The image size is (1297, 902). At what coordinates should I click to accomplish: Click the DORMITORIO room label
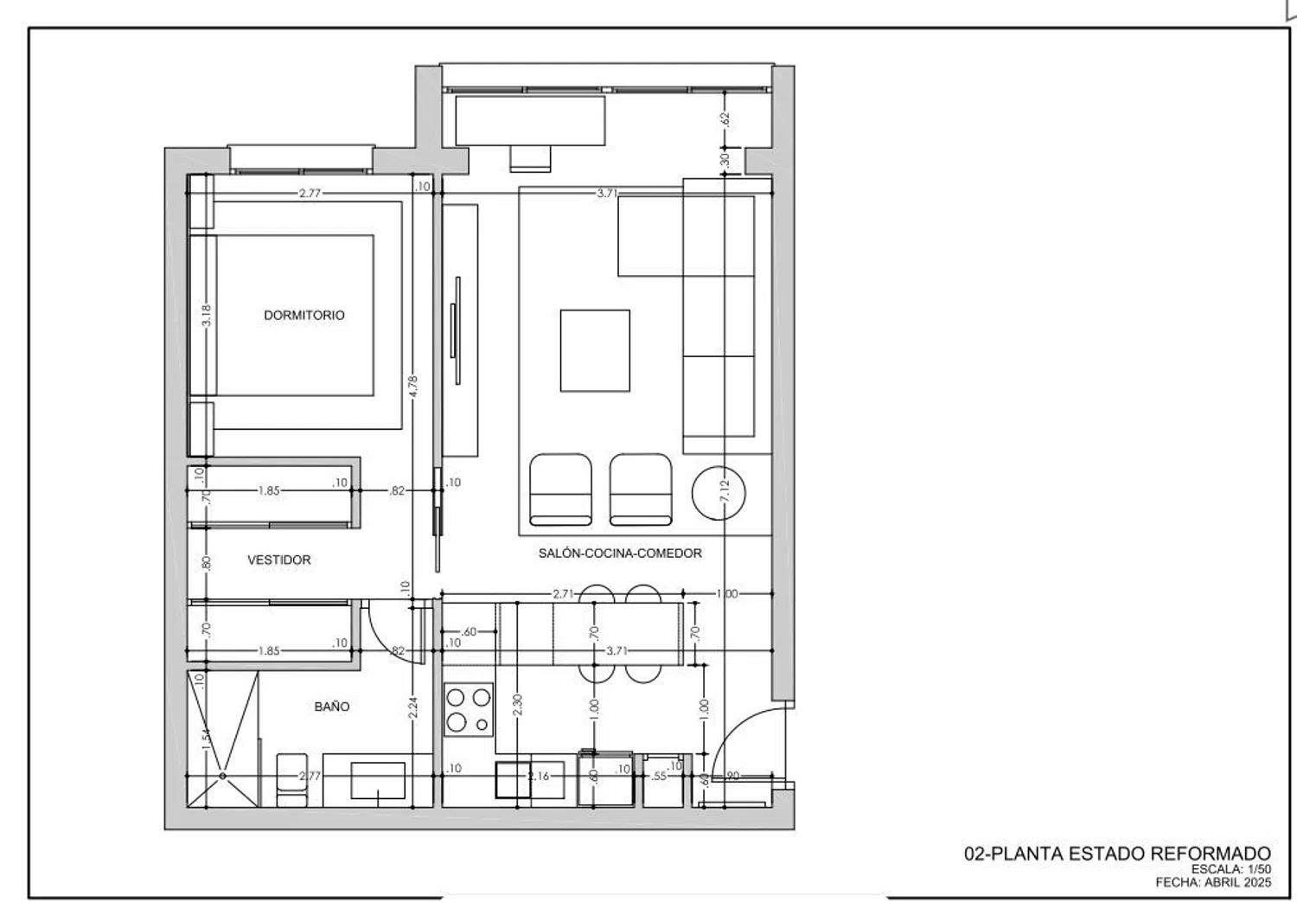tap(304, 315)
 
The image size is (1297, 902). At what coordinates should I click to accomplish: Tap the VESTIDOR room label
tap(279, 560)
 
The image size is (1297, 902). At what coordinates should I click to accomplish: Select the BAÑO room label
tap(332, 707)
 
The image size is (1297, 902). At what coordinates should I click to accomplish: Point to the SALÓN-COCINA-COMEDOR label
tap(620, 553)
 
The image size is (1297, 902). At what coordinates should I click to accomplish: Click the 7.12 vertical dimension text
tap(725, 491)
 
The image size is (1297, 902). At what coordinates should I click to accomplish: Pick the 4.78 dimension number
tap(412, 387)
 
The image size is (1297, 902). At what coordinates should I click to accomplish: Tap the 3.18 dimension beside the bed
tap(207, 316)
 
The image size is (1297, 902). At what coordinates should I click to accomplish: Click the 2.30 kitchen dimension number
tap(518, 705)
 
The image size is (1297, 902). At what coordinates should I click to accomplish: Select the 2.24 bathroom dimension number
tap(412, 707)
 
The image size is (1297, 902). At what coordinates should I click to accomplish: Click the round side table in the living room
tap(719, 493)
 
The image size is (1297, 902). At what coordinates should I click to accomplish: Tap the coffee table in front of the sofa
tap(595, 351)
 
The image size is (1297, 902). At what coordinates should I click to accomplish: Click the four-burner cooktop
tap(469, 710)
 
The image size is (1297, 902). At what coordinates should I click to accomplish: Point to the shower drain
tap(223, 776)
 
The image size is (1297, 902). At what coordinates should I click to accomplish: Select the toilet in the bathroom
tap(292, 780)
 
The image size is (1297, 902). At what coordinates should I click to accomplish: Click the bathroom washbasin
tap(378, 780)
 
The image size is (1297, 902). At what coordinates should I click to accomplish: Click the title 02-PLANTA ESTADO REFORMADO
tap(1117, 854)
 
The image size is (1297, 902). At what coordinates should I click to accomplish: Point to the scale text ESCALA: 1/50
tap(1231, 869)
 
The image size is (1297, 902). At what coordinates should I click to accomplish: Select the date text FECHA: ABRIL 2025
tap(1214, 882)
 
